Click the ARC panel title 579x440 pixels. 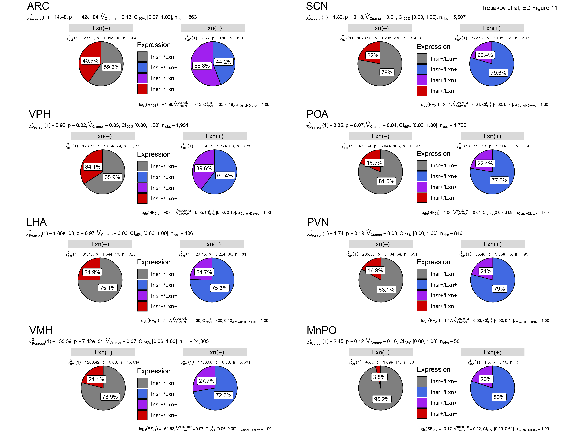[38, 6]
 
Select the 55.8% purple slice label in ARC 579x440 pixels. [202, 66]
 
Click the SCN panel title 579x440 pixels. [317, 6]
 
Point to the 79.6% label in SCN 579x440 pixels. [498, 73]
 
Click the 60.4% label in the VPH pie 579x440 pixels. [225, 176]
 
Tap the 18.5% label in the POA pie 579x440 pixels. [374, 163]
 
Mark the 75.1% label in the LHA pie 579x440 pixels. [108, 288]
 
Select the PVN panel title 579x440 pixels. [318, 222]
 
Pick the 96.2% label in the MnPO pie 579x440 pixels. [382, 399]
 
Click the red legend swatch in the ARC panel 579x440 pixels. [142, 89]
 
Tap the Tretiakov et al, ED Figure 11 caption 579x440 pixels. [519, 8]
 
